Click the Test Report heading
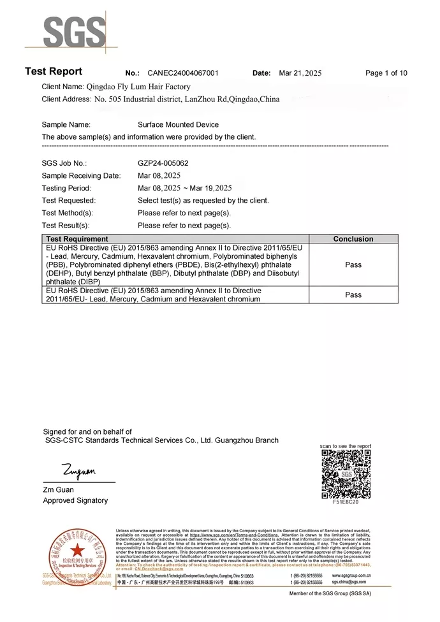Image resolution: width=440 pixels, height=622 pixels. (x=54, y=71)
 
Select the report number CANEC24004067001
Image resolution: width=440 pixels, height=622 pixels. (x=182, y=73)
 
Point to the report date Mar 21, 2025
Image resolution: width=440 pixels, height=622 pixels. (x=300, y=73)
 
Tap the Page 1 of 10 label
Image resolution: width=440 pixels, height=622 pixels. (x=386, y=73)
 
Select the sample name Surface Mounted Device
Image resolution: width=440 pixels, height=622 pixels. (x=178, y=125)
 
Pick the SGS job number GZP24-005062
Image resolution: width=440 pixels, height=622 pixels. (x=163, y=163)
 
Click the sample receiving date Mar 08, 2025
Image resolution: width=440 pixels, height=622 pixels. (x=159, y=176)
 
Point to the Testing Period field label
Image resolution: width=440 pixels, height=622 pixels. (x=66, y=189)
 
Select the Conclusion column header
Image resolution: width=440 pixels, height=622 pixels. (x=353, y=239)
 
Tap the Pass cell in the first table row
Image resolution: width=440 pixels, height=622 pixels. (x=353, y=264)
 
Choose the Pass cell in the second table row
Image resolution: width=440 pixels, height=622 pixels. (x=353, y=295)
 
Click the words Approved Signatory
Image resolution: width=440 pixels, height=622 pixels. (x=75, y=501)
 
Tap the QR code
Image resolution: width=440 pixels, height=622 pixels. (x=346, y=474)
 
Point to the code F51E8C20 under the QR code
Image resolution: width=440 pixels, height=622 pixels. (x=346, y=502)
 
